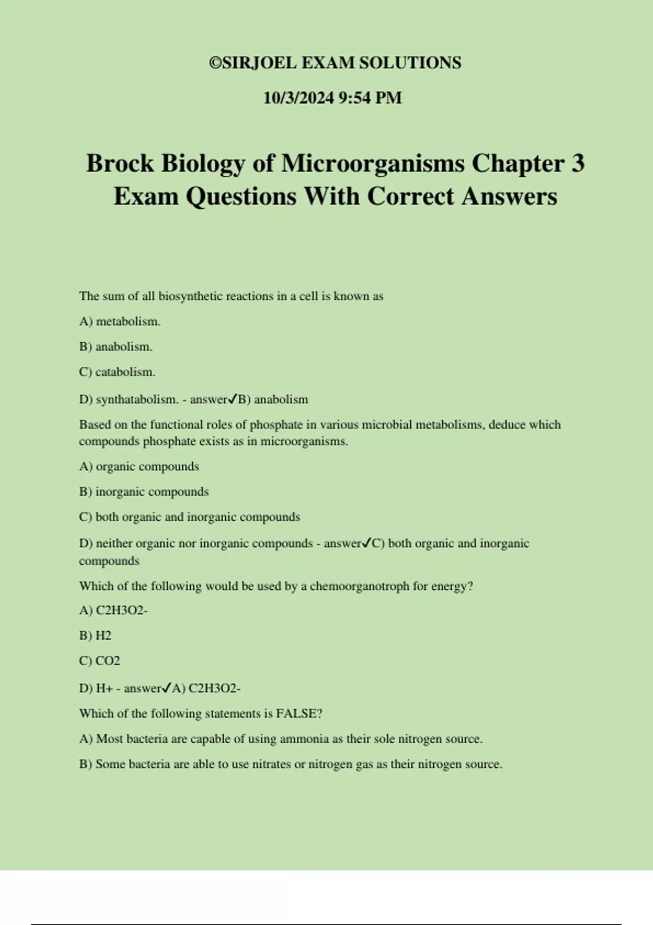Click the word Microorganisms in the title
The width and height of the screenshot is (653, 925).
[x=372, y=163]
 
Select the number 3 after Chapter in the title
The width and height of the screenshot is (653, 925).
[x=577, y=163]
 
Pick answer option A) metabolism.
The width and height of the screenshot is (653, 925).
[x=120, y=322]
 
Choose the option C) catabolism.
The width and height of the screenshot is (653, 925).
[x=117, y=372]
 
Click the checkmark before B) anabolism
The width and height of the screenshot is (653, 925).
[x=232, y=399]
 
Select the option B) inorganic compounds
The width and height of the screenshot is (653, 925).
[x=144, y=492]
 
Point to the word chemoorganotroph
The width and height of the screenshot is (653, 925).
[x=359, y=586]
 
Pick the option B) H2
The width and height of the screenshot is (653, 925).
[x=95, y=636]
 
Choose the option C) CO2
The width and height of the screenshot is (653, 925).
[x=100, y=661]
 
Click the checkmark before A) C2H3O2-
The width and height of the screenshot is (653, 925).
[x=167, y=688]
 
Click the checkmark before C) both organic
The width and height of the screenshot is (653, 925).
[x=366, y=542]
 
